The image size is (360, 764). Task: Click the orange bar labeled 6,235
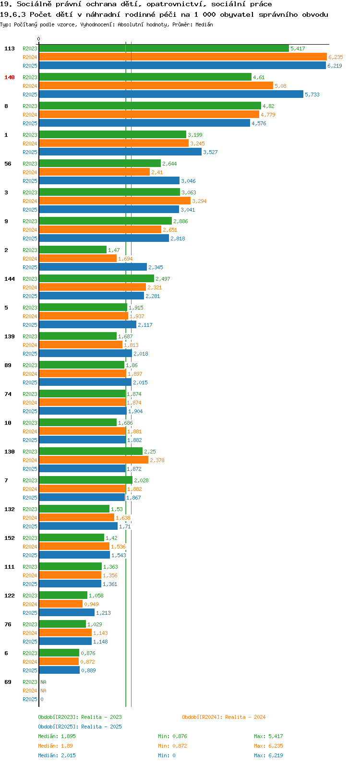click(x=183, y=57)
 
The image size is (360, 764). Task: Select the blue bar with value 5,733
click(x=171, y=95)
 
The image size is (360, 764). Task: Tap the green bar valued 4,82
click(x=150, y=106)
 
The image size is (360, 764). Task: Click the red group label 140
click(x=10, y=77)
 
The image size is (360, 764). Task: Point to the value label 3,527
click(x=210, y=152)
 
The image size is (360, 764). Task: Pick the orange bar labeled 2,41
click(x=95, y=172)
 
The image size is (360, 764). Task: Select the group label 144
click(x=10, y=279)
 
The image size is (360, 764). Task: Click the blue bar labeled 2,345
click(x=93, y=267)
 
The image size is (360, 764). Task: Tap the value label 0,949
click(x=92, y=604)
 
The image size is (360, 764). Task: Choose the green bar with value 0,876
click(x=60, y=653)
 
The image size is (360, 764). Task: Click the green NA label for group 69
click(x=43, y=682)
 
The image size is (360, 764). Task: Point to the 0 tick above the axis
click(x=38, y=39)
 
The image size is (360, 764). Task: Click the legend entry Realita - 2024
click(x=224, y=717)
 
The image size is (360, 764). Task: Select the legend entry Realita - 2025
click(x=80, y=727)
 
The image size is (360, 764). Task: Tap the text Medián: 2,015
click(x=57, y=755)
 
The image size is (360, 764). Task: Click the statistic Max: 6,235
click(x=268, y=746)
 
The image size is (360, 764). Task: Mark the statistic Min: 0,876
click(x=172, y=736)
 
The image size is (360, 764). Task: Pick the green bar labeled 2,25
click(x=91, y=452)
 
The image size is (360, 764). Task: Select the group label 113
click(x=10, y=49)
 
